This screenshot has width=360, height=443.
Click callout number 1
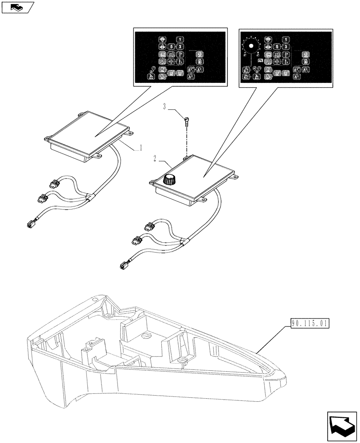[141, 148]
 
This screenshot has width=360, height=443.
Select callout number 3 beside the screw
[165, 106]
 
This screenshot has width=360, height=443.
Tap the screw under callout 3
[187, 120]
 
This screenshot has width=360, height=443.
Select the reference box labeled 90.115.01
[310, 324]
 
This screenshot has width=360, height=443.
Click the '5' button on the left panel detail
[171, 47]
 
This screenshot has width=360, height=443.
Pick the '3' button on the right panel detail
[286, 47]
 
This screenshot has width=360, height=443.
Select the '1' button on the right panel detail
[286, 40]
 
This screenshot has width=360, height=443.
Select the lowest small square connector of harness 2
[123, 266]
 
